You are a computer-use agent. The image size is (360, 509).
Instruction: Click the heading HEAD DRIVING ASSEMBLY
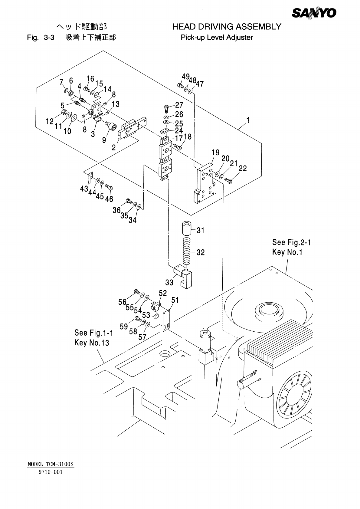click(x=227, y=27)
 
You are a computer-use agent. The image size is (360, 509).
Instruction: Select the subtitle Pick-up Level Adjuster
click(x=217, y=38)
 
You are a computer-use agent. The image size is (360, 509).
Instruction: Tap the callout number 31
click(x=201, y=231)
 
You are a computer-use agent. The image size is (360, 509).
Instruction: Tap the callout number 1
click(x=248, y=120)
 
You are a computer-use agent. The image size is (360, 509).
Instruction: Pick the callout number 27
click(x=179, y=105)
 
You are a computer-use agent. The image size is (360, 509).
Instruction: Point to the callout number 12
click(x=50, y=122)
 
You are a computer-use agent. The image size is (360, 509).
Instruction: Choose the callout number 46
click(x=109, y=199)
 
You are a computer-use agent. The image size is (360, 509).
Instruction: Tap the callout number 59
click(x=123, y=327)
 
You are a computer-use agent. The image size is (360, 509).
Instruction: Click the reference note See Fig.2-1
click(x=291, y=242)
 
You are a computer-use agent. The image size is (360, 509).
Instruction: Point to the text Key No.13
click(x=92, y=343)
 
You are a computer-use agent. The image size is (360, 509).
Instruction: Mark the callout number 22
click(x=243, y=168)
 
